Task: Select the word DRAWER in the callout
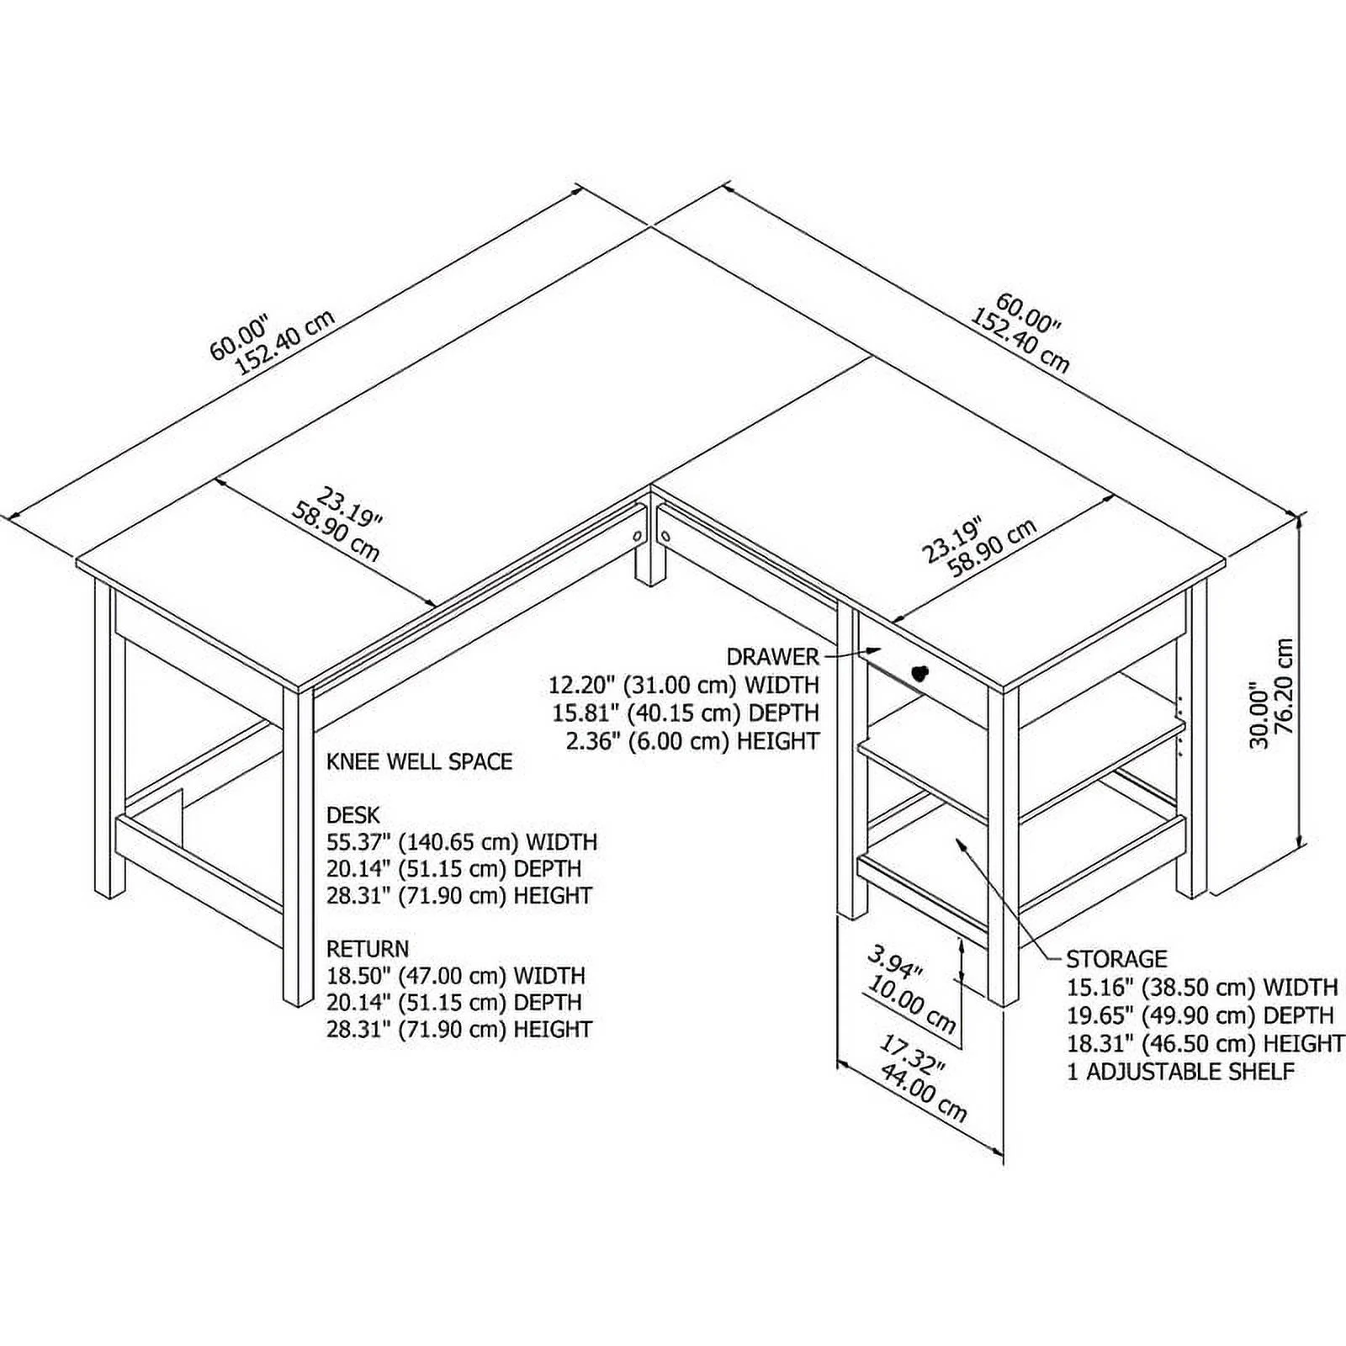772,656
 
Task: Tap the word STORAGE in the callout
1116,959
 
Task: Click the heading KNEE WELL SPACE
419,762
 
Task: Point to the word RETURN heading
368,949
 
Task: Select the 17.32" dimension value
912,1056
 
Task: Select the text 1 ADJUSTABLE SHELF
1180,1072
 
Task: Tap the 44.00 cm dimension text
924,1094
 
